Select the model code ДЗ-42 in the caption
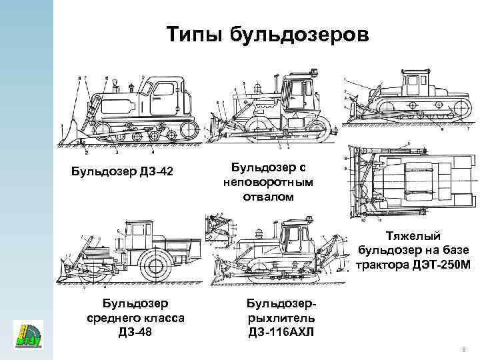click(x=152, y=173)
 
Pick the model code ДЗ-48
click(x=136, y=331)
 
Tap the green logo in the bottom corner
click(x=27, y=334)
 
